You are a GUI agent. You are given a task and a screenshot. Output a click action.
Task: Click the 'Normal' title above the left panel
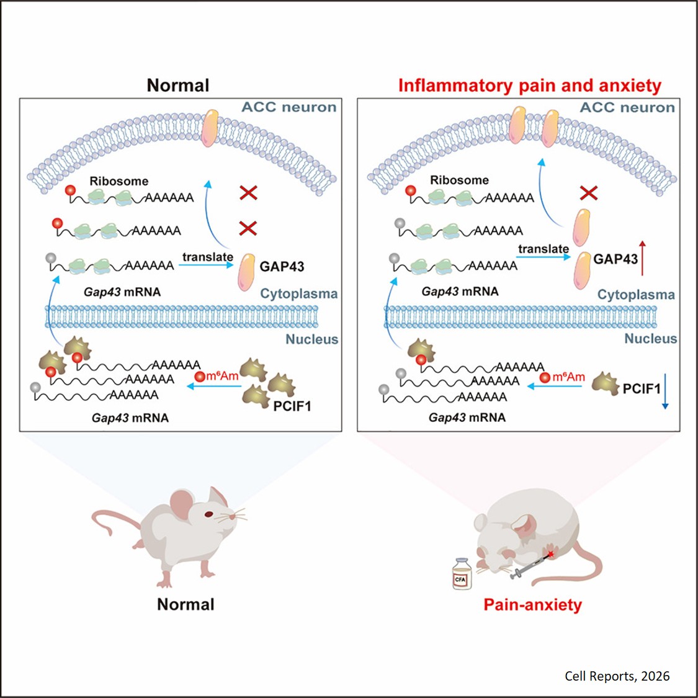coord(178,85)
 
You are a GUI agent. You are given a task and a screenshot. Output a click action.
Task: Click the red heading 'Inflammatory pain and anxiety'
coord(529,85)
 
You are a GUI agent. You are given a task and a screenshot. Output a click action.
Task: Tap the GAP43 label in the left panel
coord(282,266)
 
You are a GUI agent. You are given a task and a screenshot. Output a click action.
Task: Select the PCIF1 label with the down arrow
coord(642,388)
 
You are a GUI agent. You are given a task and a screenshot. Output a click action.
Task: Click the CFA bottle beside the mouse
coord(462,574)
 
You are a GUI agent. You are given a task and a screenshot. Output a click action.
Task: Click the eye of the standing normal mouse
coord(209,514)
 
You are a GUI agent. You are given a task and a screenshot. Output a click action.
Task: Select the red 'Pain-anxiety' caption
coord(532,604)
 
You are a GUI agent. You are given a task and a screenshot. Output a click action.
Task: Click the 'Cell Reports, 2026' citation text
coord(617,676)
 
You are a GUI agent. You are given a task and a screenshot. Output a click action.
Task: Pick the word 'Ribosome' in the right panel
coord(459,180)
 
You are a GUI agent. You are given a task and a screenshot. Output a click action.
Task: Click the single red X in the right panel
coord(588,193)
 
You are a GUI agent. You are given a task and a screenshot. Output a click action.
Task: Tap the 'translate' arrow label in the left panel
coord(207,256)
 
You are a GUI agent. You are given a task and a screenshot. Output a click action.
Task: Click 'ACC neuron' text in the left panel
coord(289,107)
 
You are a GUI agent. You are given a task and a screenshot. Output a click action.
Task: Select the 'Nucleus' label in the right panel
coord(650,338)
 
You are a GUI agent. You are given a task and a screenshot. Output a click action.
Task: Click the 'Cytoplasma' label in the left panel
coord(298,293)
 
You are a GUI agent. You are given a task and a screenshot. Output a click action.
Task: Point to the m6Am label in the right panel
coord(568,377)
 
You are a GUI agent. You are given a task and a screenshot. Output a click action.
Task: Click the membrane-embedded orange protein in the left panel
coord(211,127)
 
